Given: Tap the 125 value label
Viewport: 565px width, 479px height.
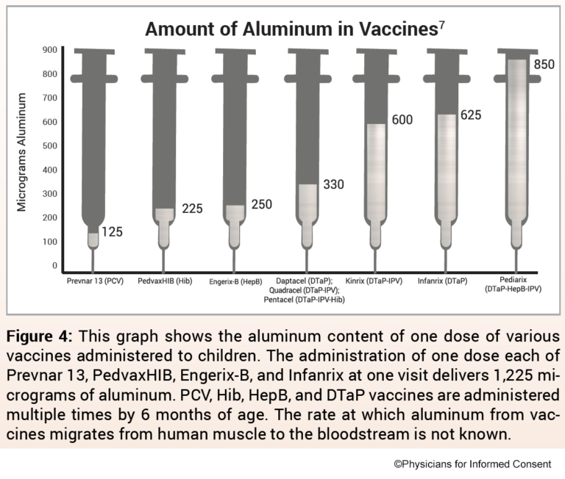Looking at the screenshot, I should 113,232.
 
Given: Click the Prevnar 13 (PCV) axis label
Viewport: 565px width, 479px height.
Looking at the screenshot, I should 93,281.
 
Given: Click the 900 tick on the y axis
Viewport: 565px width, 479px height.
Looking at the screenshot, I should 50,50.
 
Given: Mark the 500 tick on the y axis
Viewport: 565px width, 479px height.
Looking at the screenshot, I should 50,145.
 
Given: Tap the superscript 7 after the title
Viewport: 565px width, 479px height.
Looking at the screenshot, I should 441,25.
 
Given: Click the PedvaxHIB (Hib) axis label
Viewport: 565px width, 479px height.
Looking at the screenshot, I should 165,281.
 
